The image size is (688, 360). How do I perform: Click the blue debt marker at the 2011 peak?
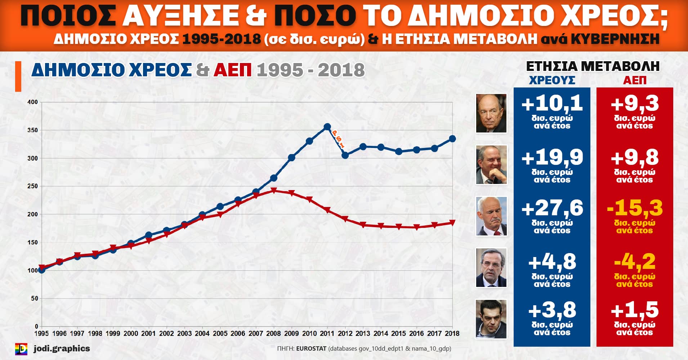pos(327,127)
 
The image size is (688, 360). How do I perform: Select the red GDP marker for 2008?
pos(273,190)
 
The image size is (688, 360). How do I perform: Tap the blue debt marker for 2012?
pos(345,155)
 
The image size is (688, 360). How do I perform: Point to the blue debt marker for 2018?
pos(452,139)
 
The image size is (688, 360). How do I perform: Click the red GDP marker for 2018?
pos(452,223)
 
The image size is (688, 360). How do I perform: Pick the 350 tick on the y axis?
pos(32,130)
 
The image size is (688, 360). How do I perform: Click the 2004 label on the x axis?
pos(202,333)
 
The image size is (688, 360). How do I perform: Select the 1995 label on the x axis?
pos(41,333)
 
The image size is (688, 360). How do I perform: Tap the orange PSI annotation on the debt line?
pos(338,139)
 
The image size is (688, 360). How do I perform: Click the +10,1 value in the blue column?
pos(552,104)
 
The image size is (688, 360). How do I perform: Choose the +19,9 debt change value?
pos(552,157)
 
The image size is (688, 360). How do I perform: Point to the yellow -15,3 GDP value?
pos(635,208)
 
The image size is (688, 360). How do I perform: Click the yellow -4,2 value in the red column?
pos(635,262)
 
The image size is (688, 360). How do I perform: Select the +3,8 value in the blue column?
pos(552,310)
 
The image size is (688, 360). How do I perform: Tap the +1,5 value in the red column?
pos(635,310)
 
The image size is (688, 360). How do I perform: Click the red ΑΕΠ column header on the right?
pos(635,80)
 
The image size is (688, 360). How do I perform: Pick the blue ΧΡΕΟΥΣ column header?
pos(552,80)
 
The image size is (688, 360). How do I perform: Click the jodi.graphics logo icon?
pos(21,349)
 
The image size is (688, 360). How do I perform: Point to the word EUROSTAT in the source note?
pos(311,348)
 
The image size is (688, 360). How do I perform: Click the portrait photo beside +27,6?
pos(491,216)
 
